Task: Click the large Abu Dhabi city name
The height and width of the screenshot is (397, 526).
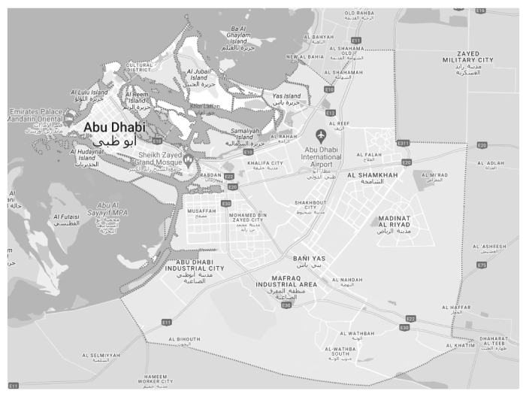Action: coord(115,128)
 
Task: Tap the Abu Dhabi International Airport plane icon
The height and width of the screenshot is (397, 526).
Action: coord(322,135)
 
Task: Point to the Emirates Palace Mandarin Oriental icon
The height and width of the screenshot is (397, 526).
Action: coord(68,117)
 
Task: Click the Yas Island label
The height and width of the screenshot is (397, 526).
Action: coord(286,96)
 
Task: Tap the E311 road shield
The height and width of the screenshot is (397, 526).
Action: coord(404,143)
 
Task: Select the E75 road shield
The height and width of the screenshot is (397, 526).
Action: coord(482,265)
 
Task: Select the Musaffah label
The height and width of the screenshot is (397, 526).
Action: coord(201,211)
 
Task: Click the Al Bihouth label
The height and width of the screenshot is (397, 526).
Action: coord(185,339)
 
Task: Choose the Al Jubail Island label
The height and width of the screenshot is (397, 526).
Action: coord(199,74)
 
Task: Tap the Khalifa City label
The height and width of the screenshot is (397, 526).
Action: coord(266,163)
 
